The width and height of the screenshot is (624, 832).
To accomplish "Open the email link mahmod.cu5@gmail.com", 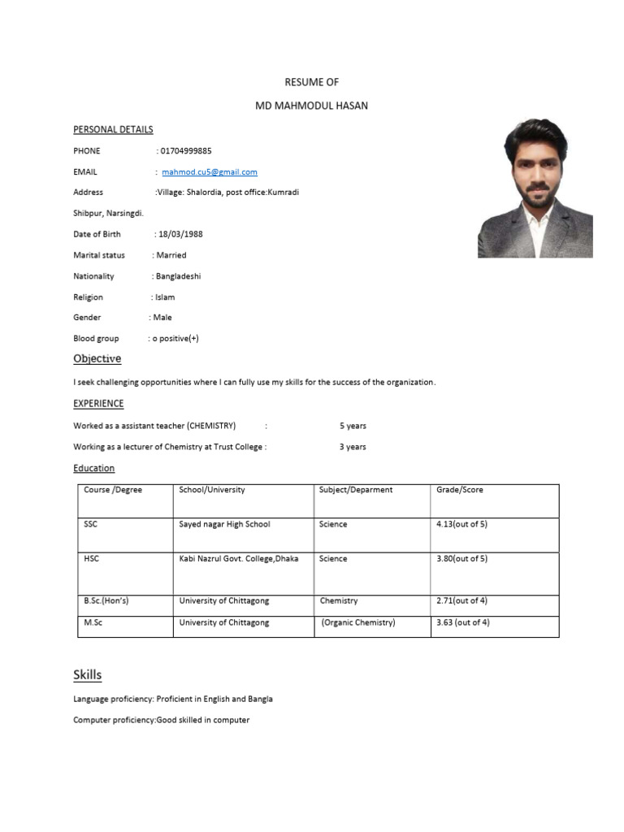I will [210, 171].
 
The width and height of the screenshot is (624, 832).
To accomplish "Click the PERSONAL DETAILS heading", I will [113, 129].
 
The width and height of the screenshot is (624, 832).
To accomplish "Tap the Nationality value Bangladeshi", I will [178, 276].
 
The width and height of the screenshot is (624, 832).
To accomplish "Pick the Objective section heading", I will [97, 358].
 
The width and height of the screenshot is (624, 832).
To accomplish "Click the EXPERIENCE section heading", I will [98, 403].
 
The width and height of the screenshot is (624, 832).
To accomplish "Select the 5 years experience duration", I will [353, 425].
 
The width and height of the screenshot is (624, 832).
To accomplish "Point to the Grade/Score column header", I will [459, 490].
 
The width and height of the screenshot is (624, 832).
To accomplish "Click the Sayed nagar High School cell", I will [224, 524].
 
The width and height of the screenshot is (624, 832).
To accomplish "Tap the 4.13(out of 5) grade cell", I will [461, 524].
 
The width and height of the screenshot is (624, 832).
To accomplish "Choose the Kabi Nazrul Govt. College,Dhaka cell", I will [238, 558].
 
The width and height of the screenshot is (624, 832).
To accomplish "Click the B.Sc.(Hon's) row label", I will [106, 600].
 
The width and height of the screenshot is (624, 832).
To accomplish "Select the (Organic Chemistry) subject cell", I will [357, 622].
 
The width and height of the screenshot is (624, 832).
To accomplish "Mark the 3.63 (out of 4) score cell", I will [463, 622].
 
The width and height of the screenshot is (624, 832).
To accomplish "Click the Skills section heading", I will [87, 675].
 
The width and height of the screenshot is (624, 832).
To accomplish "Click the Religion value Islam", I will [165, 297].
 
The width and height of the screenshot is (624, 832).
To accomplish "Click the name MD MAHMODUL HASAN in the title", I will [311, 106].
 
